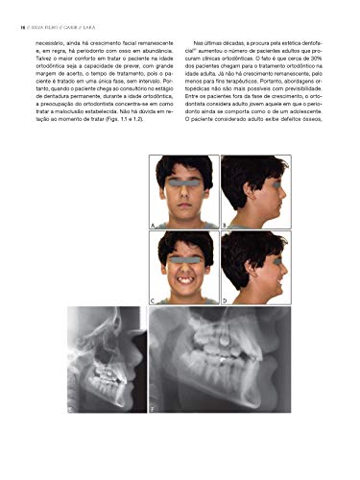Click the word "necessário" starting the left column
(x=54, y=44)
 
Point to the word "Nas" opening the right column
(x=199, y=44)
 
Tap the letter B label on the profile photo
(x=225, y=223)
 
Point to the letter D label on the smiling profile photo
(x=225, y=300)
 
